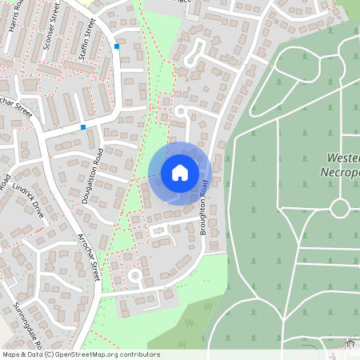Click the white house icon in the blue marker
pos(179,173)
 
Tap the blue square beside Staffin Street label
pos(117,46)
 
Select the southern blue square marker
pos(82,126)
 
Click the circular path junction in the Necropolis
pos(340,208)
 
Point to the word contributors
pos(138,354)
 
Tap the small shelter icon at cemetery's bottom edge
pos(350,343)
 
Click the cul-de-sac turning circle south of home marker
pos(135,275)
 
